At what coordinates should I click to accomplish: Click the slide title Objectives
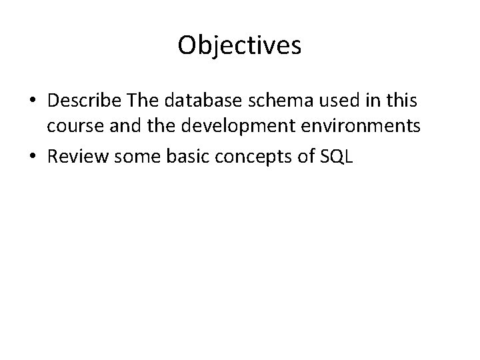coord(240,45)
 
